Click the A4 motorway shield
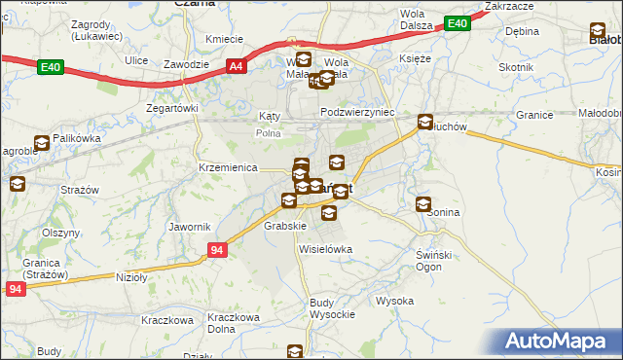[x=236, y=66]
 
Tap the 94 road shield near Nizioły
[x=218, y=251]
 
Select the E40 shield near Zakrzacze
[x=456, y=23]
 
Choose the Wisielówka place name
[x=325, y=249]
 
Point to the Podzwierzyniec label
[x=357, y=112]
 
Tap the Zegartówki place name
[x=171, y=108]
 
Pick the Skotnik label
[x=516, y=67]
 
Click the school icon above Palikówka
[x=42, y=142]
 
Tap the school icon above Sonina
[x=423, y=203]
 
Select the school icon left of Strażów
[x=17, y=183]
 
